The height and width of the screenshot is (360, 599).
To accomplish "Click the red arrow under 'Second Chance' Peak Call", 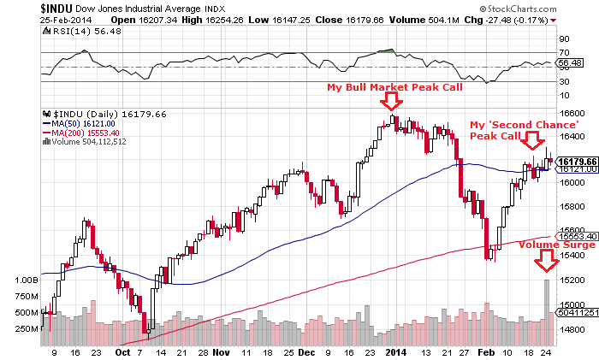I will (533, 139).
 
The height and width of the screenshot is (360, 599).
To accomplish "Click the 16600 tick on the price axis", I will (572, 112).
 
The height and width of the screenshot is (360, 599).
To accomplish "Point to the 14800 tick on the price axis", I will (572, 328).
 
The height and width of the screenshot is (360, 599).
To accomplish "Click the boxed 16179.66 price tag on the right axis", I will (575, 161).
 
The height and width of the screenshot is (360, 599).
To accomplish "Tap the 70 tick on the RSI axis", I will (564, 52).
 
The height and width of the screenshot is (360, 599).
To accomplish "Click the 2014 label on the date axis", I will (394, 351).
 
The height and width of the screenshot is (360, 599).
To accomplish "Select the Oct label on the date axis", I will (122, 351).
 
